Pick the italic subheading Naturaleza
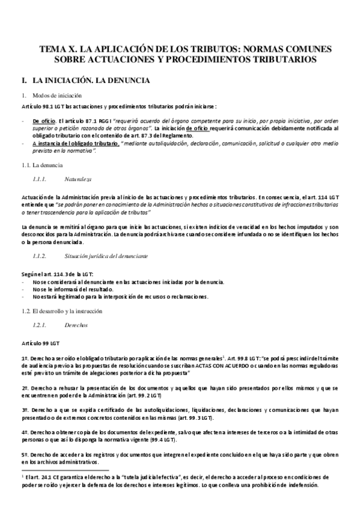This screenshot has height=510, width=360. (x=79, y=179)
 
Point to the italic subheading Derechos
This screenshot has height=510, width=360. (x=76, y=325)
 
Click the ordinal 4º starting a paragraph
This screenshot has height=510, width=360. (x=25, y=432)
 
